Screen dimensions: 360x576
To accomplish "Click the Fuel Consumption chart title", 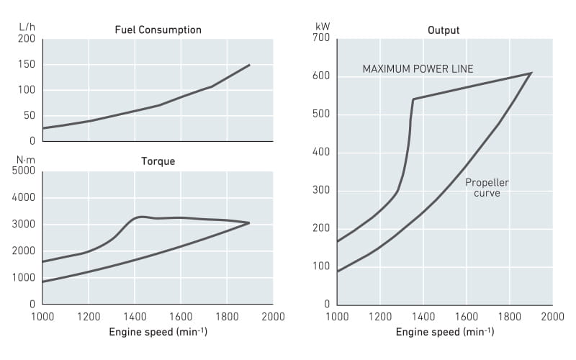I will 158,30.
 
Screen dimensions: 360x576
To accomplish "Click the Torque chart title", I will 158,161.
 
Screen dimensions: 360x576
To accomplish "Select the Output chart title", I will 444,30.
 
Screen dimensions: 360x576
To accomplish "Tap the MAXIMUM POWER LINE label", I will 418,69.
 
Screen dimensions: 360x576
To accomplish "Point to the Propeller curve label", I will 487,188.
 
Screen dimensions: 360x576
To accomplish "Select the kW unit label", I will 323,27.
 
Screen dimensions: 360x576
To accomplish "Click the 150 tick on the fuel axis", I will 27,65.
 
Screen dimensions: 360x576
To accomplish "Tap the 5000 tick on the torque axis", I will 24,171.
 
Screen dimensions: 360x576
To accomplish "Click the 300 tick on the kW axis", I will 321,191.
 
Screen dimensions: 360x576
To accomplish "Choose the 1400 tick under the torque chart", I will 135,316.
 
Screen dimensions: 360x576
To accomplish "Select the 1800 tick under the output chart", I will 509,316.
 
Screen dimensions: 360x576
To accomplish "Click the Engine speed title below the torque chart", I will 158,332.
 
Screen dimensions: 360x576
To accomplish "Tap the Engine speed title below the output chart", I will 444,332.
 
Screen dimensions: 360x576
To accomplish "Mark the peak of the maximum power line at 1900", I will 531,73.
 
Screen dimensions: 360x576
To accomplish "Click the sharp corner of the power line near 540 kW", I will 413,99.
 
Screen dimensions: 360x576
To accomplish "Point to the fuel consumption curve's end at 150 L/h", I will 250,65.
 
